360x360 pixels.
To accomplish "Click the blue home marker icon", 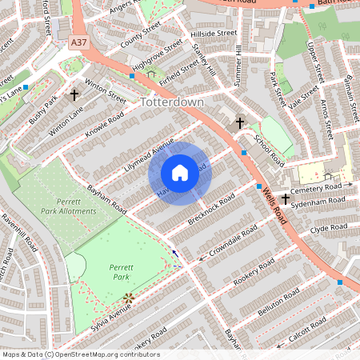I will (x=180, y=173).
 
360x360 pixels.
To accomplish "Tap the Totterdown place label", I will (x=172, y=103).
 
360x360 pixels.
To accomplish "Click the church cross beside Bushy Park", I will (x=75, y=95).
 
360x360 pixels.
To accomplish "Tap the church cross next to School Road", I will (x=240, y=123).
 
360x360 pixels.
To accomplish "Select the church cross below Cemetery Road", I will (x=286, y=199).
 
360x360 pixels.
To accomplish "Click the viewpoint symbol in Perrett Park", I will (x=127, y=299).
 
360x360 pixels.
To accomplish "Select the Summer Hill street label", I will (x=238, y=66).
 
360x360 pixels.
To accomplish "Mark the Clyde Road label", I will (x=330, y=228).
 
